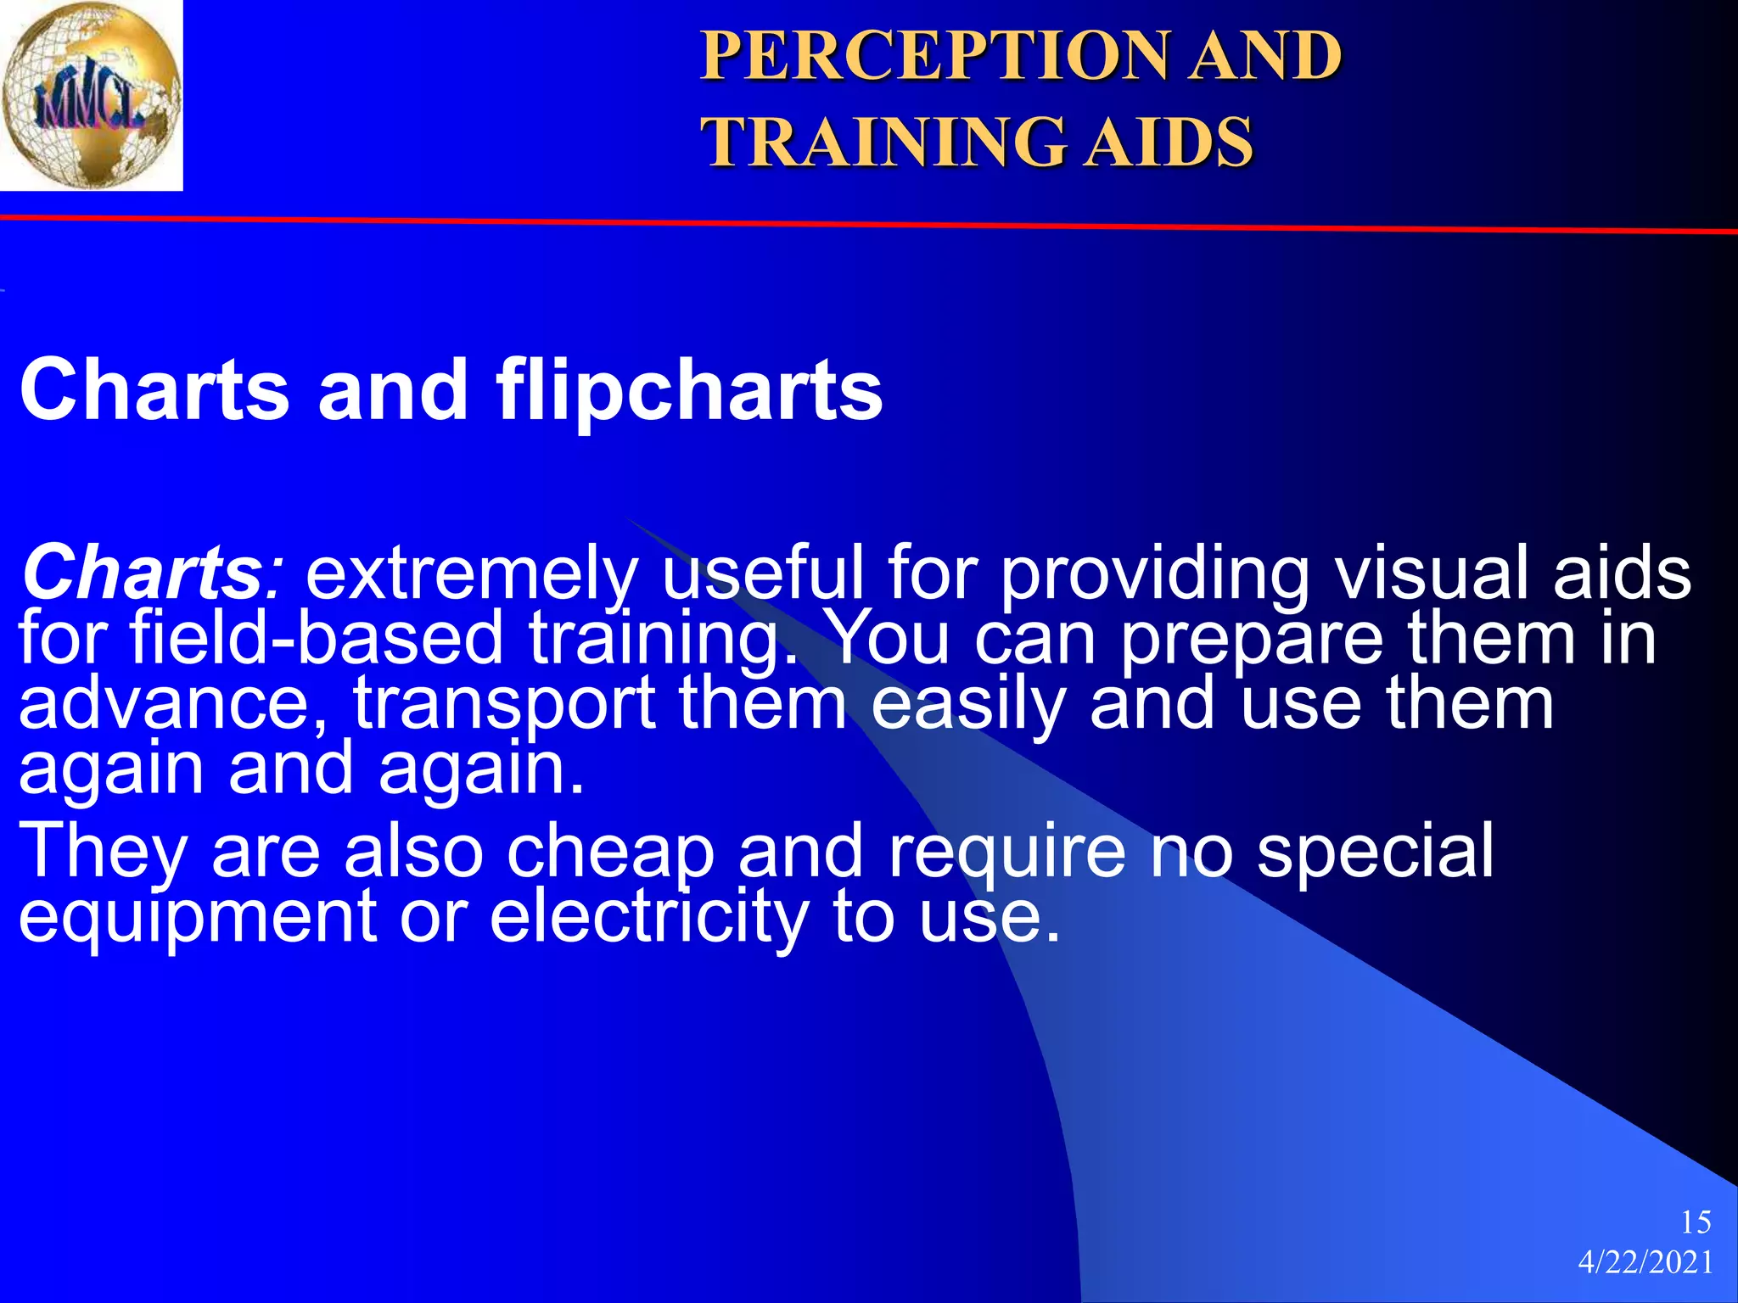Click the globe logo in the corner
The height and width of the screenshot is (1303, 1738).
point(90,95)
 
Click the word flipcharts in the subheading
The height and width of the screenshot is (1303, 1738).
point(689,389)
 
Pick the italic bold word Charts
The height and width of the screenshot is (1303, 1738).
point(141,573)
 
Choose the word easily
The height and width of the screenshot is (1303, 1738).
point(968,704)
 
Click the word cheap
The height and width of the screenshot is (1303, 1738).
point(611,852)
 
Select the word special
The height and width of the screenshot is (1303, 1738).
point(1375,852)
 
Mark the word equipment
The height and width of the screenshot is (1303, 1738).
point(198,918)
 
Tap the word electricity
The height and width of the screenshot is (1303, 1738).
point(649,918)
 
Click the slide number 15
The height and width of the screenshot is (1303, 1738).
point(1696,1222)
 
